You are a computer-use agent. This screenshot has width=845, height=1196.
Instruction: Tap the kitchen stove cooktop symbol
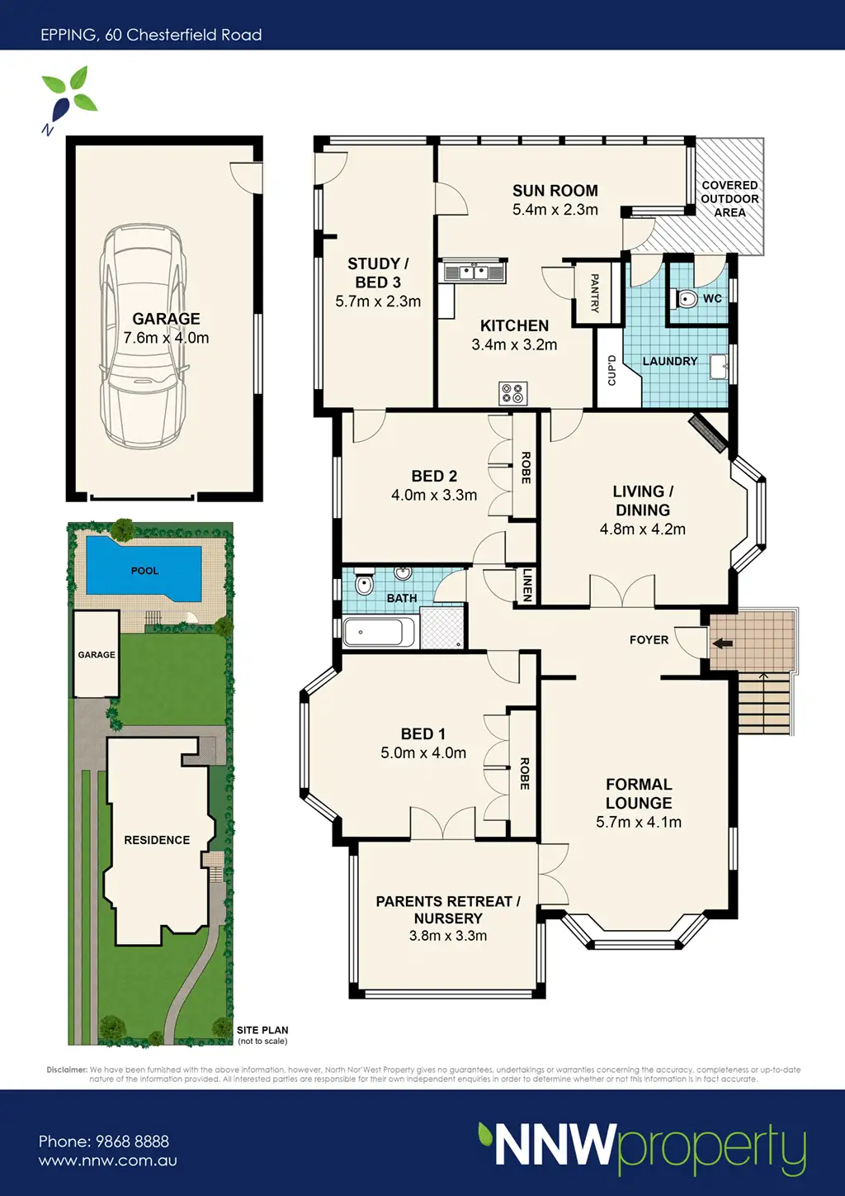click(513, 393)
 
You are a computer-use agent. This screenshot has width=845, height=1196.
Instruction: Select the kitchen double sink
click(473, 273)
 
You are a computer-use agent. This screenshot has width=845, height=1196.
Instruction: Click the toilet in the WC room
click(687, 299)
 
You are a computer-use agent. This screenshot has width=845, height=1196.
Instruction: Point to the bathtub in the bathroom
click(380, 632)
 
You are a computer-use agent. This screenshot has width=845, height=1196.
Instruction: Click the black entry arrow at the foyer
click(722, 643)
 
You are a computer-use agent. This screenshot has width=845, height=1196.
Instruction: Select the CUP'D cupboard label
click(611, 370)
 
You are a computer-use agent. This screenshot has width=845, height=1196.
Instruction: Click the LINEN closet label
click(527, 585)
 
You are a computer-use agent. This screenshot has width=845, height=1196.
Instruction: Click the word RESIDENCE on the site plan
click(157, 840)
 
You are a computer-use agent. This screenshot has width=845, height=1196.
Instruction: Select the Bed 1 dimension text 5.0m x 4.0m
click(423, 752)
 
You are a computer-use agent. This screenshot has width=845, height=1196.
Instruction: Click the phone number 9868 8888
click(132, 1141)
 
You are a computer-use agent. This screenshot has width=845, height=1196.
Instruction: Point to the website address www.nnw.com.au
click(108, 1160)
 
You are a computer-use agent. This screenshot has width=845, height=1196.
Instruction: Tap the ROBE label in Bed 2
click(526, 467)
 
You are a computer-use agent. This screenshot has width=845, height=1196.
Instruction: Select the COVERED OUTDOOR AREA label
click(729, 198)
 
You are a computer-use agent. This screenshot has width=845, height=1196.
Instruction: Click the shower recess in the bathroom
click(441, 628)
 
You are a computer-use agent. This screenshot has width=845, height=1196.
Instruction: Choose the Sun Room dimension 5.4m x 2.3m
click(555, 209)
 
